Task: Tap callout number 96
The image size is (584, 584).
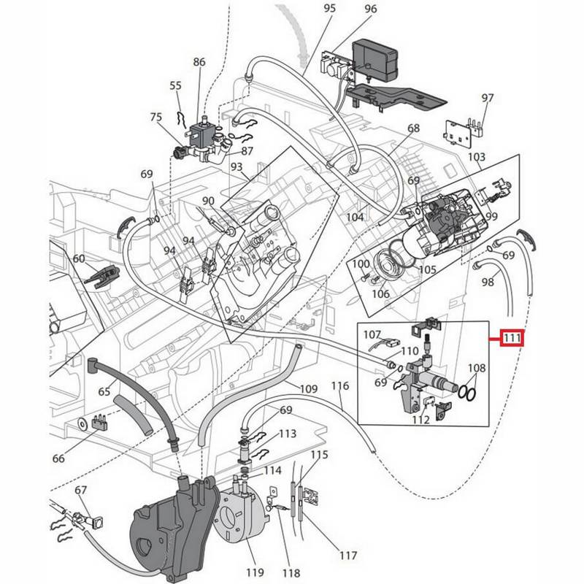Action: pos(370,9)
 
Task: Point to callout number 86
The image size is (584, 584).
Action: pos(199,62)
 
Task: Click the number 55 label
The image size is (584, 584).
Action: pos(175,85)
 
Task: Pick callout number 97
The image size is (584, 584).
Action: pos(488,99)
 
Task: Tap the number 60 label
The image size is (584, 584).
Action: pos(79,258)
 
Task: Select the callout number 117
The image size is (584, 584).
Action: pos(348,556)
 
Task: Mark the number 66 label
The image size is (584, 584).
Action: pos(58,458)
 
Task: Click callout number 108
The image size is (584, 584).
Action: pos(476,369)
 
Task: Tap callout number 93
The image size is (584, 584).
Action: pos(237,167)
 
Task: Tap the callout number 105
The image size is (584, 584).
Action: pos(426,269)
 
